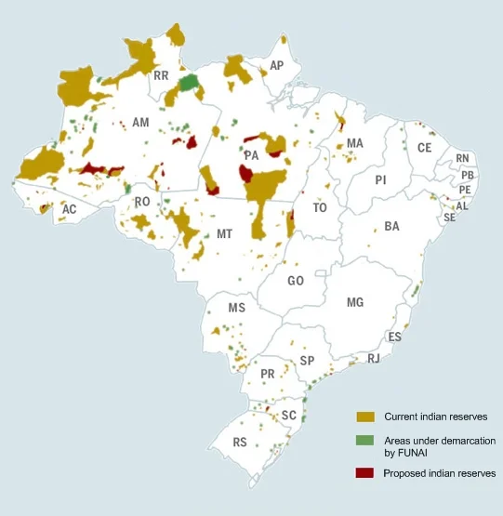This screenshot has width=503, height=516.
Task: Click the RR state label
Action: coord(161,76)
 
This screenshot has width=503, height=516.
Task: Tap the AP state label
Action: coord(276,66)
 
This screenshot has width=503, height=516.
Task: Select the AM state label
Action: coord(140,123)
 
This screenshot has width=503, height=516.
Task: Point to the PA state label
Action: coord(251,154)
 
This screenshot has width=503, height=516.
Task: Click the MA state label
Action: coord(354,143)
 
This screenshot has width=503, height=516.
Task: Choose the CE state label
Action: coord(424,148)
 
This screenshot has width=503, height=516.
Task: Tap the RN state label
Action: coord(463,159)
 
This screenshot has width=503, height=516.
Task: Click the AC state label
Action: coord(69,210)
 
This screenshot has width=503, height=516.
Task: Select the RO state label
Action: coord(142,202)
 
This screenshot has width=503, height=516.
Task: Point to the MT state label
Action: coord(224,234)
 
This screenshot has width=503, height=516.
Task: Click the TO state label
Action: coord(320,208)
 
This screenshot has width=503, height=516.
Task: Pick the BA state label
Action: coord(391,227)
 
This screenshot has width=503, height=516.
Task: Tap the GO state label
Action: coord(296,281)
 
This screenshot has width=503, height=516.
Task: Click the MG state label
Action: coord(354,303)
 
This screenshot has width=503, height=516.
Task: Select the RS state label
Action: coord(240,443)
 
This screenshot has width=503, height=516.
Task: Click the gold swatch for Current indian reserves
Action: coord(365,417)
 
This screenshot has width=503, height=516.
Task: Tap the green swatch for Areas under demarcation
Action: coord(365,439)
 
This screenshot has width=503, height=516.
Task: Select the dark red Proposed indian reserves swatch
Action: coord(365,473)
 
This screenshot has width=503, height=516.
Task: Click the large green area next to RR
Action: coord(190,83)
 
